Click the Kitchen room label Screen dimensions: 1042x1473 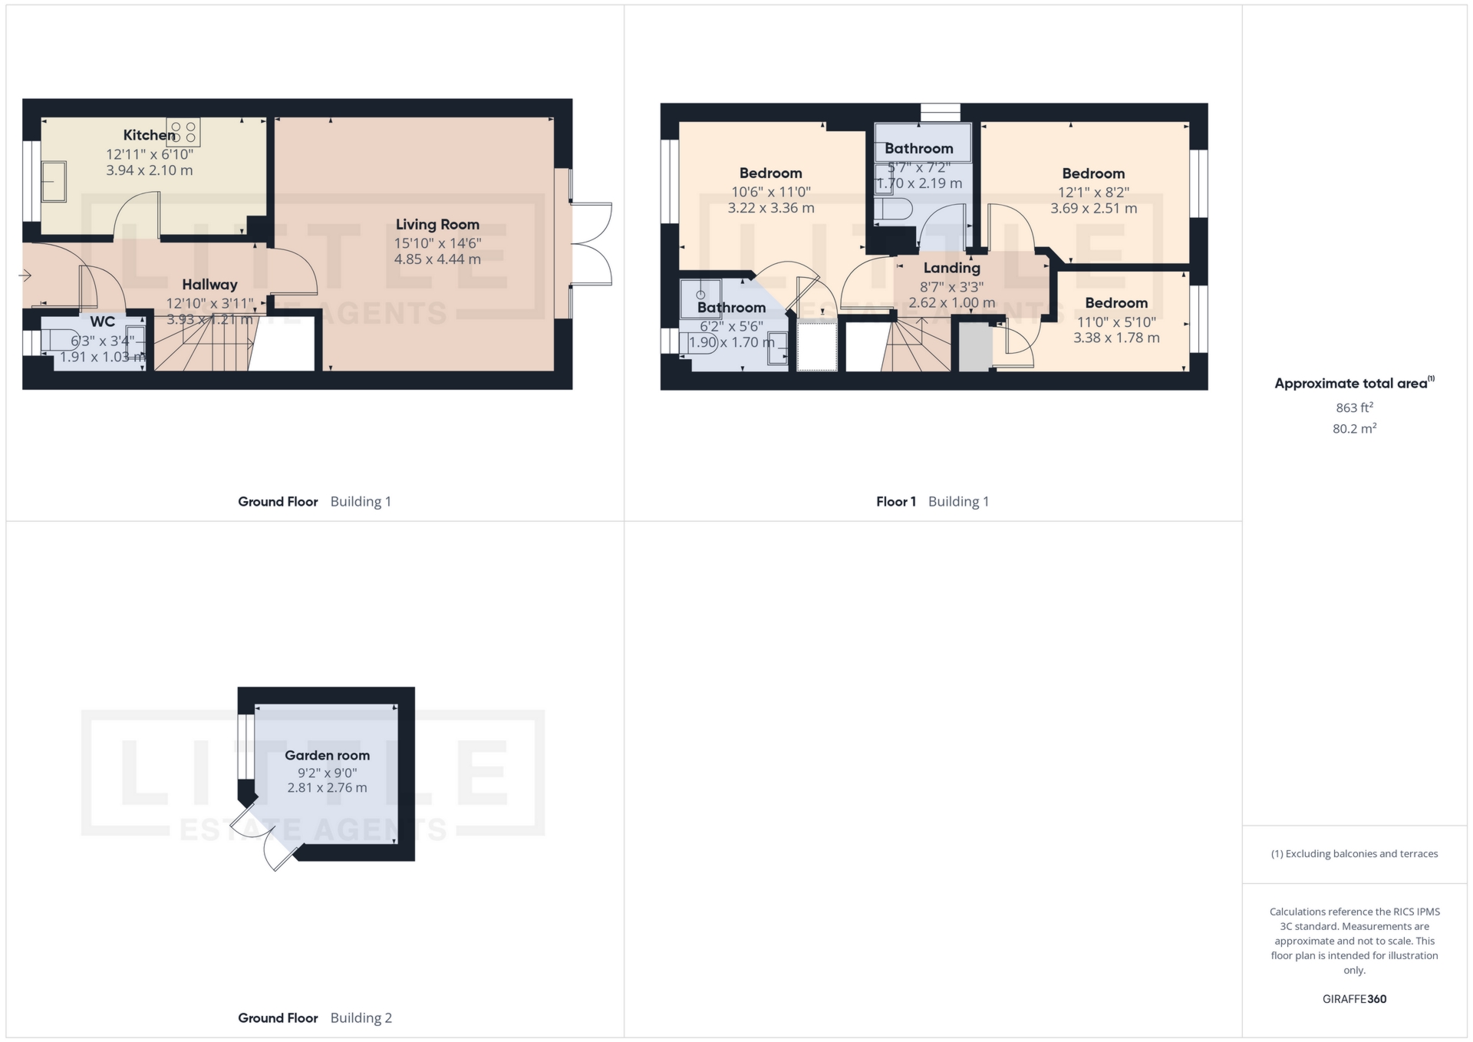point(150,135)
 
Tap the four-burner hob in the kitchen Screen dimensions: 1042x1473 point(183,133)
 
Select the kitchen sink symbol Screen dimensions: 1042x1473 point(54,181)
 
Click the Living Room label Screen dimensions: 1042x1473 point(437,224)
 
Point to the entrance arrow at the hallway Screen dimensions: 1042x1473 point(25,275)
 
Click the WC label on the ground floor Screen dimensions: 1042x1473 point(103,322)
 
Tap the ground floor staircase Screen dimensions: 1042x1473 point(203,345)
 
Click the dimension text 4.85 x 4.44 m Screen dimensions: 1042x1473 point(437,259)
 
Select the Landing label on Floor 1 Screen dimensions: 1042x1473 point(951,268)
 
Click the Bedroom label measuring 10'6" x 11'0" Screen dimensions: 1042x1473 point(770,173)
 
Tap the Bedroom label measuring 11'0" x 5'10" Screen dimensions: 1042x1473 point(1115,303)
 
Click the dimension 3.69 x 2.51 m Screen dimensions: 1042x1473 point(1093,208)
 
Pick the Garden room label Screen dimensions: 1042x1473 point(327,755)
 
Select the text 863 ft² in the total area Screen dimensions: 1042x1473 point(1354,407)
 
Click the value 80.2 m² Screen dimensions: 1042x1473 point(1354,428)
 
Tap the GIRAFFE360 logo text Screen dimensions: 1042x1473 point(1354,998)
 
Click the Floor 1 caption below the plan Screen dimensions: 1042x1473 point(895,502)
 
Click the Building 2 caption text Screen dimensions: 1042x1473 point(361,1017)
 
